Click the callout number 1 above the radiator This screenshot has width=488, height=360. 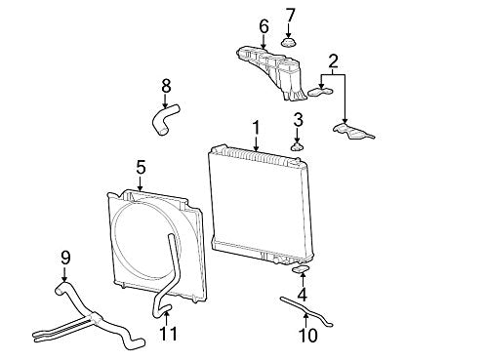coord(257,128)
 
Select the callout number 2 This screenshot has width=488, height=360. coord(333,61)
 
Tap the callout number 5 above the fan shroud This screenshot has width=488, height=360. coord(141,168)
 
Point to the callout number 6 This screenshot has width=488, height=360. coord(264,26)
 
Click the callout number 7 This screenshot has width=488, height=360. coord(290,16)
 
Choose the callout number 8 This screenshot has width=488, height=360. coord(166,87)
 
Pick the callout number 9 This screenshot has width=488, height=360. coord(65,258)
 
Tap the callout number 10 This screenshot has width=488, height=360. coord(307,336)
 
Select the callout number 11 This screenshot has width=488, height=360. coord(169,334)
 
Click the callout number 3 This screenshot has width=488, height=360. coord(298,120)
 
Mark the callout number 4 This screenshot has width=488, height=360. coord(303,295)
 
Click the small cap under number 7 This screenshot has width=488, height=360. coord(288,43)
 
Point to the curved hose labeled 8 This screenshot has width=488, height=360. coord(165,119)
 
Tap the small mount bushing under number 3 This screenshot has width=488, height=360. coord(297,146)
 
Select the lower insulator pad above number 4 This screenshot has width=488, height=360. coord(302,269)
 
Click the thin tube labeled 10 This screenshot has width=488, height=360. coord(306,311)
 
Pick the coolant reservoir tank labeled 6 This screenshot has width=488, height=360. coord(271,72)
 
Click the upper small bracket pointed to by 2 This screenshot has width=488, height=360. coord(321,92)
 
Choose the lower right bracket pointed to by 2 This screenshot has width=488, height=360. coord(353,131)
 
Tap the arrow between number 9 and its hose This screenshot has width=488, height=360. coord(64,274)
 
